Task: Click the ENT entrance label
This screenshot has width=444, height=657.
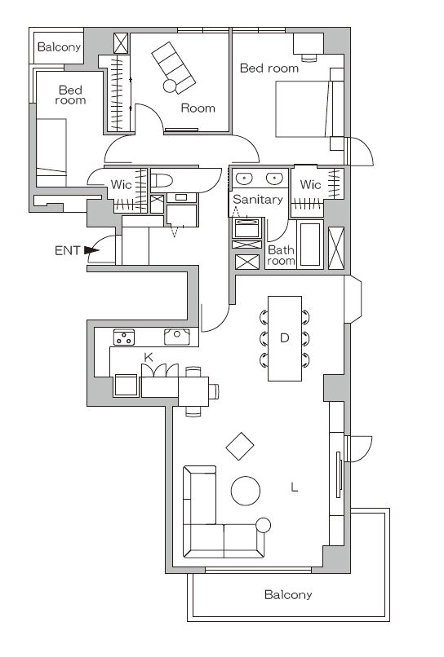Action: coord(67,250)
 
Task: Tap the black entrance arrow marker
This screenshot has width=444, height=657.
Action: coord(91,250)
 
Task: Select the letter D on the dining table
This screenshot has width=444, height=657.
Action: coord(285,337)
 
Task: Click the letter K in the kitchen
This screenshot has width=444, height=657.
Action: coord(149,357)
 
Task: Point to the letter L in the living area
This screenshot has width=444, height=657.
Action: coord(294,487)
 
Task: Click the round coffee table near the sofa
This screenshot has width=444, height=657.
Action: coord(246,491)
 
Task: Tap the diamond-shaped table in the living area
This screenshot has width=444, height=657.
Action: coord(240,446)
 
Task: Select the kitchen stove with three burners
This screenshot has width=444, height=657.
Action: coord(124,337)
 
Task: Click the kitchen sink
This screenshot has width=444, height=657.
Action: coord(176,337)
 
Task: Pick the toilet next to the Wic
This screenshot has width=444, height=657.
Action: coord(162,181)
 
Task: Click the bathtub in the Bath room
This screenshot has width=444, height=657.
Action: coord(310,245)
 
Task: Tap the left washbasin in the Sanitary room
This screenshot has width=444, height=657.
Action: coord(243,179)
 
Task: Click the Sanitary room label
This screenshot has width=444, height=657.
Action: coord(258,200)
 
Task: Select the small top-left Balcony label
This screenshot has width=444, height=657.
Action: coord(59,46)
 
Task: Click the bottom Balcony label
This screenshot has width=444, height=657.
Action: coord(288,594)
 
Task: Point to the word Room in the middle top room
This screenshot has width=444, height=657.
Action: coord(198,108)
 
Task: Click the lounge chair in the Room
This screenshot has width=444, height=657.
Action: coord(173,67)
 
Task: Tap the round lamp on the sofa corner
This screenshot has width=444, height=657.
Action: coord(263,525)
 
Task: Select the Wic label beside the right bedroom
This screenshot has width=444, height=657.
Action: coord(310,184)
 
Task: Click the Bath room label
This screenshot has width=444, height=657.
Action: coord(281,256)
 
